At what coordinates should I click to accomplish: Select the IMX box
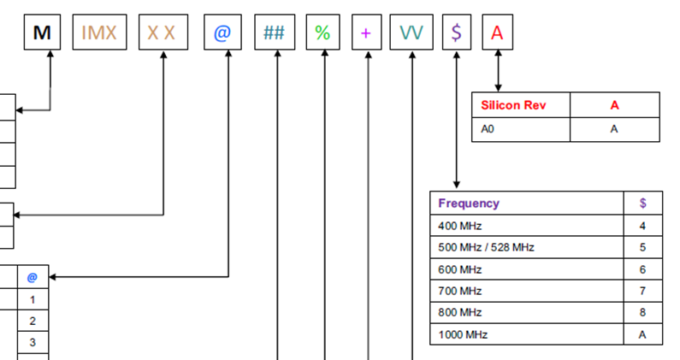coord(99,33)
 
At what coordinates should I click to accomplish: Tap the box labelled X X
coord(163,33)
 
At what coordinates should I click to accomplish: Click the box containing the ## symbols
coord(275,33)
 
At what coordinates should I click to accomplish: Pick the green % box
coord(322,33)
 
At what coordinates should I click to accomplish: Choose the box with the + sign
coord(366,33)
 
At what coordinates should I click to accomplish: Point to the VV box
coord(411,33)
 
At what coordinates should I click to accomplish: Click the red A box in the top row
coord(498,33)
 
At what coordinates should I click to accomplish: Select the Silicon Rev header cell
coord(520,105)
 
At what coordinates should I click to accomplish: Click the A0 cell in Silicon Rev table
coord(520,129)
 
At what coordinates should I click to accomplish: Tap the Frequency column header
coord(527,204)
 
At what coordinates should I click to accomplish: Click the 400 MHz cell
coord(527,226)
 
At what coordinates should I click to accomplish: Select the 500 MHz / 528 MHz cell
coord(527,248)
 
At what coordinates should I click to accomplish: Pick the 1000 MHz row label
coord(527,334)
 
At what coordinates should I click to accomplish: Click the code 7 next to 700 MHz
coord(642,291)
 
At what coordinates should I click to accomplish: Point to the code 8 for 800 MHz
coord(642,312)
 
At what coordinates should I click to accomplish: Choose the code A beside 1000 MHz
coord(642,334)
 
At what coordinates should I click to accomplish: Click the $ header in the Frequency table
coord(642,204)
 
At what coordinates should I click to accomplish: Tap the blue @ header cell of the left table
coord(33,277)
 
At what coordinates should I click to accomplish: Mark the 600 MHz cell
coord(527,269)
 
